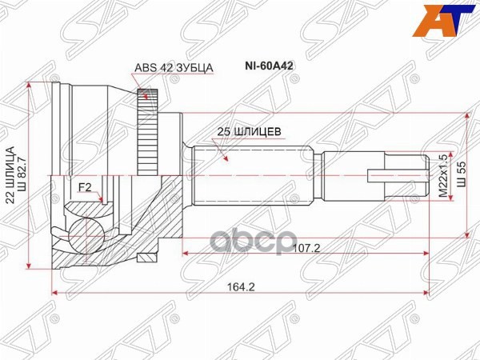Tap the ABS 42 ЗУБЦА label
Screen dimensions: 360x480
[x=173, y=70]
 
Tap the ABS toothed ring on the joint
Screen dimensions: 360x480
[x=146, y=128]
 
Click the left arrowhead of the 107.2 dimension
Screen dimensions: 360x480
[x=189, y=255]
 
